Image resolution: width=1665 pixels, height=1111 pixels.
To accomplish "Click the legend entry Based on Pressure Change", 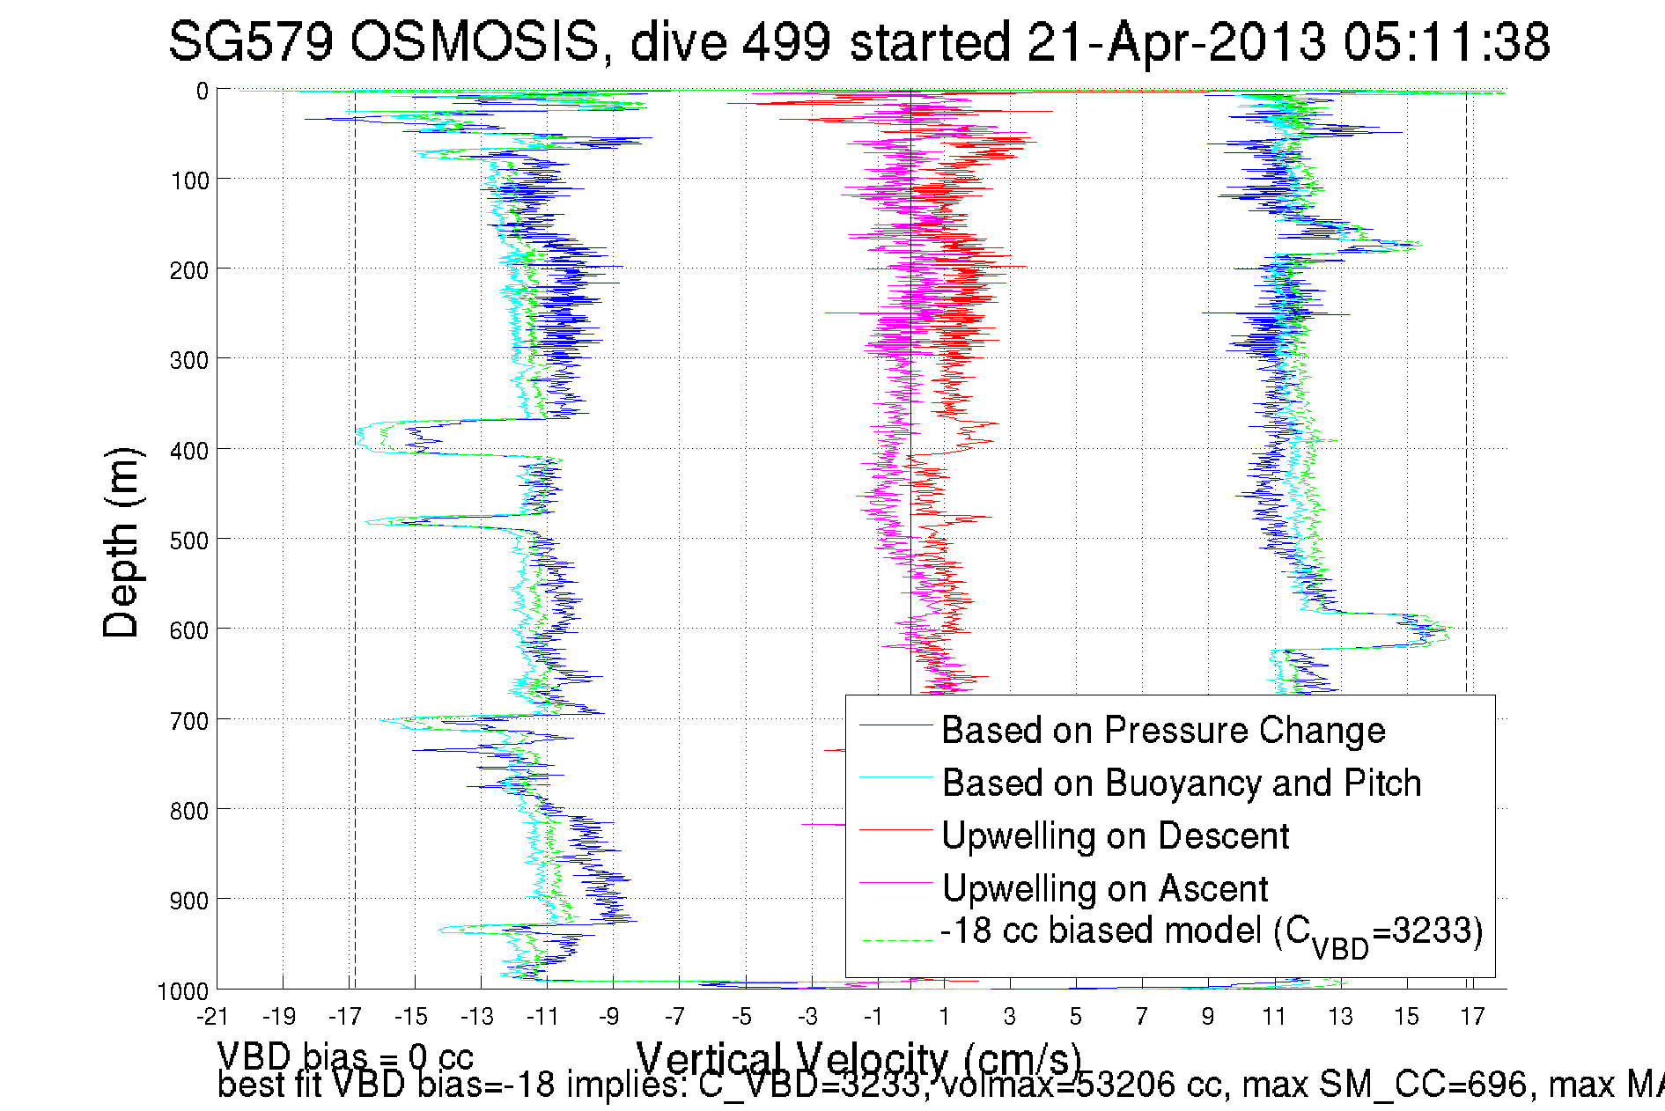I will pos(1162,731).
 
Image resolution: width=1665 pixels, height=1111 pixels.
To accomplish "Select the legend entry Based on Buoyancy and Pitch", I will pos(1181,784).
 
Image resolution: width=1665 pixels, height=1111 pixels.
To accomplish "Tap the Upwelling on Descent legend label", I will pos(1115,836).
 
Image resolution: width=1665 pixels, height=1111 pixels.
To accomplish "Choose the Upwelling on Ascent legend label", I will pos(1104,889).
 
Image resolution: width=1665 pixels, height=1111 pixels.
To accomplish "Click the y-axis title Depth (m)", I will pos(121,543).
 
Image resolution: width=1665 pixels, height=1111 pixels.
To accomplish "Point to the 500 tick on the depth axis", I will pos(188,541).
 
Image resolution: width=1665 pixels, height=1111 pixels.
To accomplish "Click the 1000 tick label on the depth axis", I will pos(182,991).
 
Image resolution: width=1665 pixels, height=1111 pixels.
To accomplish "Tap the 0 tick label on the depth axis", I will pos(203,92).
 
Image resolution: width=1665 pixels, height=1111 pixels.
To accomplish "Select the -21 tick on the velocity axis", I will pos(212,1017).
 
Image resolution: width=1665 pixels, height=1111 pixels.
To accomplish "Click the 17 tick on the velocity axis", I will pos(1472,1017).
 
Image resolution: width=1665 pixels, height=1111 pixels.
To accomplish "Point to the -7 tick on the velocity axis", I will pos(674,1017).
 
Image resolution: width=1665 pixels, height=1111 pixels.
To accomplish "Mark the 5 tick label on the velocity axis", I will pos(1076,1017).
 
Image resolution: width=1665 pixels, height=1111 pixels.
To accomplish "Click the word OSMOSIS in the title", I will pos(475,41).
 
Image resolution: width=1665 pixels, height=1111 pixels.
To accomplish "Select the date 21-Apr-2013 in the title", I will pos(1176,41).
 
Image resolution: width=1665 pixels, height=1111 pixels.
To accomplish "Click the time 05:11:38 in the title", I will pos(1446,41).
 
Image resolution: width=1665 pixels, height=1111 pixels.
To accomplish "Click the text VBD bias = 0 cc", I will pos(345,1056).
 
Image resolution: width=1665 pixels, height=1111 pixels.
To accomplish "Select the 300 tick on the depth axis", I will pos(188,360).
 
